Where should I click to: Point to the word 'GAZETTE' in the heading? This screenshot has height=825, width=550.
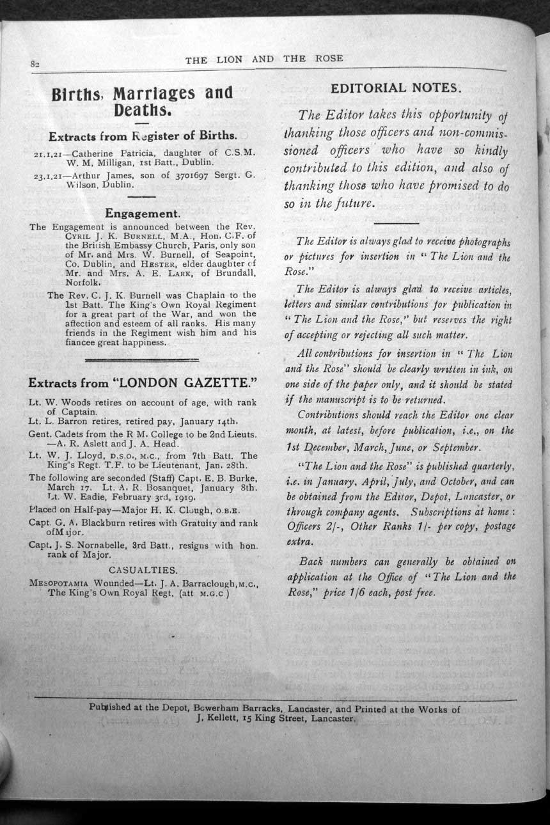[x=211, y=384]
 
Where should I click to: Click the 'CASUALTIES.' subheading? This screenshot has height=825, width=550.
[x=143, y=569]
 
